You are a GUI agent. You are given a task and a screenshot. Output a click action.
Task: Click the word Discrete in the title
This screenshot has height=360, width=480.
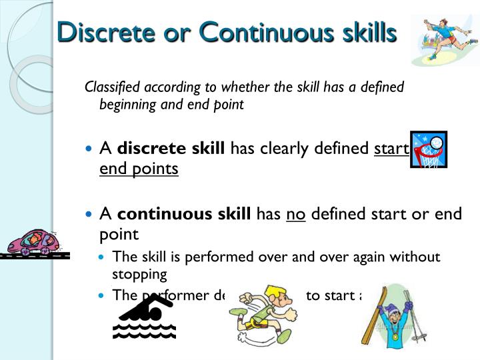point(101,32)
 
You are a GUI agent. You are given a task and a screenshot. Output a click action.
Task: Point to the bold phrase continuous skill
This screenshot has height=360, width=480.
point(184,214)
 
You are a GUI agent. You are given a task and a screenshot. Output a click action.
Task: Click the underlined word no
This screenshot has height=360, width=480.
point(296,214)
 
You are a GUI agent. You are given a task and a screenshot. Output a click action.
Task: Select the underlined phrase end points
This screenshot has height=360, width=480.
point(139,169)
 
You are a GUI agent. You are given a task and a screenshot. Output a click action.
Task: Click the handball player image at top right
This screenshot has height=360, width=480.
point(444,40)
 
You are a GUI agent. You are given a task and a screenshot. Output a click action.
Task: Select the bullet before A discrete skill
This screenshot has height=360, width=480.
point(91,149)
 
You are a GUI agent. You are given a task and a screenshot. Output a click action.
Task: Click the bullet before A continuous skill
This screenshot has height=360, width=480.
point(91,215)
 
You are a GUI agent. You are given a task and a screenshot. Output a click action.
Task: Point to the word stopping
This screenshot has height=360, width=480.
point(139,274)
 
